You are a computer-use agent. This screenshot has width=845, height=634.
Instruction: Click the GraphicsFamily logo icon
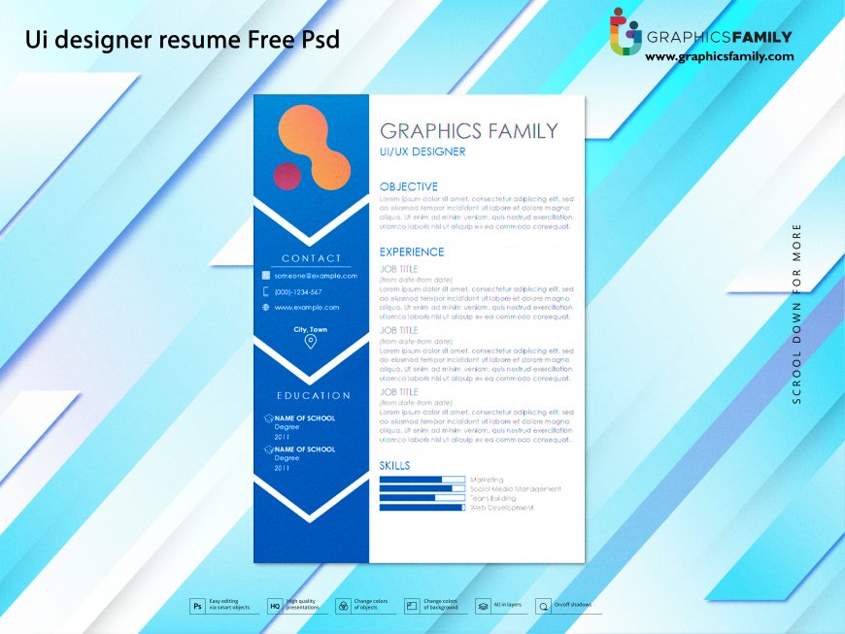pos(625,31)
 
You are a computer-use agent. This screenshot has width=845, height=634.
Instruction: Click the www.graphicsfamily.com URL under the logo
pos(719,56)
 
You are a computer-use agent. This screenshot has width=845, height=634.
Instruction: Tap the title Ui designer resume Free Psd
pos(183,41)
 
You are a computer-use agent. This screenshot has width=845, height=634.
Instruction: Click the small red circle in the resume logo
pos(288,176)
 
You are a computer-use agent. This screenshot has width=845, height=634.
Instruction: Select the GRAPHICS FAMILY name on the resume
pos(468,131)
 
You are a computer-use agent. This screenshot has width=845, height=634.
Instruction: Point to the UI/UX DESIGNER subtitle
pos(422,152)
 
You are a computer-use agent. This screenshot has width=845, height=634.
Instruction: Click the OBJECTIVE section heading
pos(408,186)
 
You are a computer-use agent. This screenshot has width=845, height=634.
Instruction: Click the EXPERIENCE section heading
pos(411,251)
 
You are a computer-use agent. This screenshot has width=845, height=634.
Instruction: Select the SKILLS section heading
pos(394,466)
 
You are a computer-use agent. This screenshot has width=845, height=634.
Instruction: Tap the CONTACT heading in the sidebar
pos(311,258)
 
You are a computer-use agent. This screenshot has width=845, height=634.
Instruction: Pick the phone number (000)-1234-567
pos(297,291)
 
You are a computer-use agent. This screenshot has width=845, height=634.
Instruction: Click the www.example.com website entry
pos(306,307)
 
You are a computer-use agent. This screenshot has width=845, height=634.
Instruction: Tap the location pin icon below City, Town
pos(311,342)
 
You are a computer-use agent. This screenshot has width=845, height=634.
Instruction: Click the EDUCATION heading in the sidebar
pos(313,395)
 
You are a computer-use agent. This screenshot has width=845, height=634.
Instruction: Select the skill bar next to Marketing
pos(422,480)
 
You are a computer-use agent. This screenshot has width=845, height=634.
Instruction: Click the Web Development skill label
pos(501,508)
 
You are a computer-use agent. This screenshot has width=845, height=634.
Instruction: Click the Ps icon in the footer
pos(197,606)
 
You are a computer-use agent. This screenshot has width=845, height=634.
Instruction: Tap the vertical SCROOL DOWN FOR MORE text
pos(797,313)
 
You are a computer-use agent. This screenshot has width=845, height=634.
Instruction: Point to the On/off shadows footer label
pos(572,605)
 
